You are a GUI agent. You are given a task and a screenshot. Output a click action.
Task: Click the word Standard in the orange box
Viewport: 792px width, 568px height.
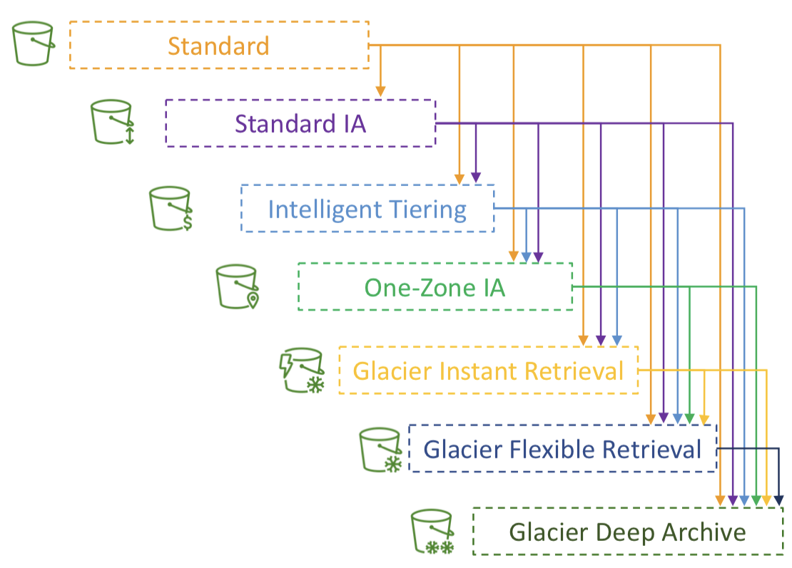coord(218,46)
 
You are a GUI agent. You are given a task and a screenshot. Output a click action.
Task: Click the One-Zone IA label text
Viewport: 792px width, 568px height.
coord(435,288)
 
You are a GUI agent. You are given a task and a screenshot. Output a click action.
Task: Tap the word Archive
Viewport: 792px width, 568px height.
coord(704,532)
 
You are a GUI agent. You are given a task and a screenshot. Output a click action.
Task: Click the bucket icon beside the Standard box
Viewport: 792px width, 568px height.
coord(34,43)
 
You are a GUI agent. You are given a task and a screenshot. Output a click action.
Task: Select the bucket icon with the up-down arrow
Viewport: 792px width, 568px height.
coord(113,122)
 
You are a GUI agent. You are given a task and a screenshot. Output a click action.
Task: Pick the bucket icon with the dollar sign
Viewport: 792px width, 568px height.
coord(171,209)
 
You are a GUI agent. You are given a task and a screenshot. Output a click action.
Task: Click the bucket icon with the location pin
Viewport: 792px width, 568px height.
coord(238,286)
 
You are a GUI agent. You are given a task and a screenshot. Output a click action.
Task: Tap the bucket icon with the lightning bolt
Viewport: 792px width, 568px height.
coord(302,371)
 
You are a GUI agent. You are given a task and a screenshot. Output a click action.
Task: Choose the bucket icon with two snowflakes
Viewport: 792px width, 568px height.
coord(432,532)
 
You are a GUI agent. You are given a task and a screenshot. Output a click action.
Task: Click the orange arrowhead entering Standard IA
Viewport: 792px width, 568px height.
coord(380,91)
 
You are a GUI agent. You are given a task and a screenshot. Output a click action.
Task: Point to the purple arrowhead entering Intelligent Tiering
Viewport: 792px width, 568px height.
coord(476,177)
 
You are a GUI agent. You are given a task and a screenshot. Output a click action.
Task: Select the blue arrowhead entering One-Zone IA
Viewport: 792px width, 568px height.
coord(526,257)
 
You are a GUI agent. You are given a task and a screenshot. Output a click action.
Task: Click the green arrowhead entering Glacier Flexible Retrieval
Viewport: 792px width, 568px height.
coord(689,418)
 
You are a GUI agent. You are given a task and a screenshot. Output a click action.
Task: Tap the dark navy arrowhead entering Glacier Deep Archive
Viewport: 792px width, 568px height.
coord(779,500)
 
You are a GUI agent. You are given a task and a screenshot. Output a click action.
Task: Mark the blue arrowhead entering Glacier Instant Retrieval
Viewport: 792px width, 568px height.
coord(616,341)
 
